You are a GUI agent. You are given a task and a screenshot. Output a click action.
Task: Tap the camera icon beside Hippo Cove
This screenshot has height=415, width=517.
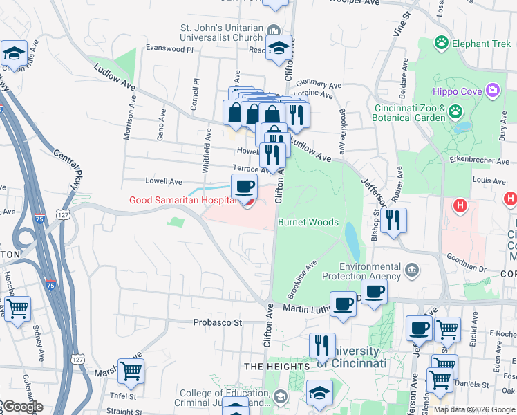[x=492, y=90]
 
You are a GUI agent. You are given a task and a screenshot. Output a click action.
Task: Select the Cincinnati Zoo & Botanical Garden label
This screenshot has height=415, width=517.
[x=410, y=113]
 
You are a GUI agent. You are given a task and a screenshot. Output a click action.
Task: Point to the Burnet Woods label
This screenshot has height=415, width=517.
[x=308, y=222]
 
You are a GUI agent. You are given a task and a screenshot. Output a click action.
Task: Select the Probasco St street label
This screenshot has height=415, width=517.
[x=219, y=322]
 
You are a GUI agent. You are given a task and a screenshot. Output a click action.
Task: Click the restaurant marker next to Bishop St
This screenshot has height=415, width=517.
[x=393, y=221]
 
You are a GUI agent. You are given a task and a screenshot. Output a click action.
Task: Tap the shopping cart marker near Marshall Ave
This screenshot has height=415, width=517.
[x=131, y=371]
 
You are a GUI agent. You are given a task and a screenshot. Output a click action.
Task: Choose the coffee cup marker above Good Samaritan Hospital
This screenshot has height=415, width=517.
[x=243, y=187]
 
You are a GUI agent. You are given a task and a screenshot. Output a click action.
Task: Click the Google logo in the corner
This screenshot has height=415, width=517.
[x=22, y=407]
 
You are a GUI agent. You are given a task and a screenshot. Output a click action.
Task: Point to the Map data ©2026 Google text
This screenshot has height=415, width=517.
[x=474, y=409]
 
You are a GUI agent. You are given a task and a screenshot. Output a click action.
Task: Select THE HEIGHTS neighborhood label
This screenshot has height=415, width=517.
[x=276, y=366]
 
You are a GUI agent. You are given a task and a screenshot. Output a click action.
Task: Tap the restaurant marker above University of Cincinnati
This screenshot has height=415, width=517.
[x=322, y=345]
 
